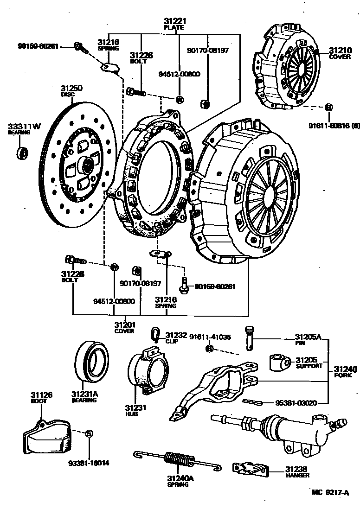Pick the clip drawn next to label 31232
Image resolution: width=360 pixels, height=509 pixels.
coord(156,333)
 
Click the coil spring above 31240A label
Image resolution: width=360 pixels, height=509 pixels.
coord(179,460)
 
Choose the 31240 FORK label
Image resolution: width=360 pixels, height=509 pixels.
coord(345,372)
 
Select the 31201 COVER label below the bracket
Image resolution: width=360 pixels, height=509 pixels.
coord(124,327)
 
